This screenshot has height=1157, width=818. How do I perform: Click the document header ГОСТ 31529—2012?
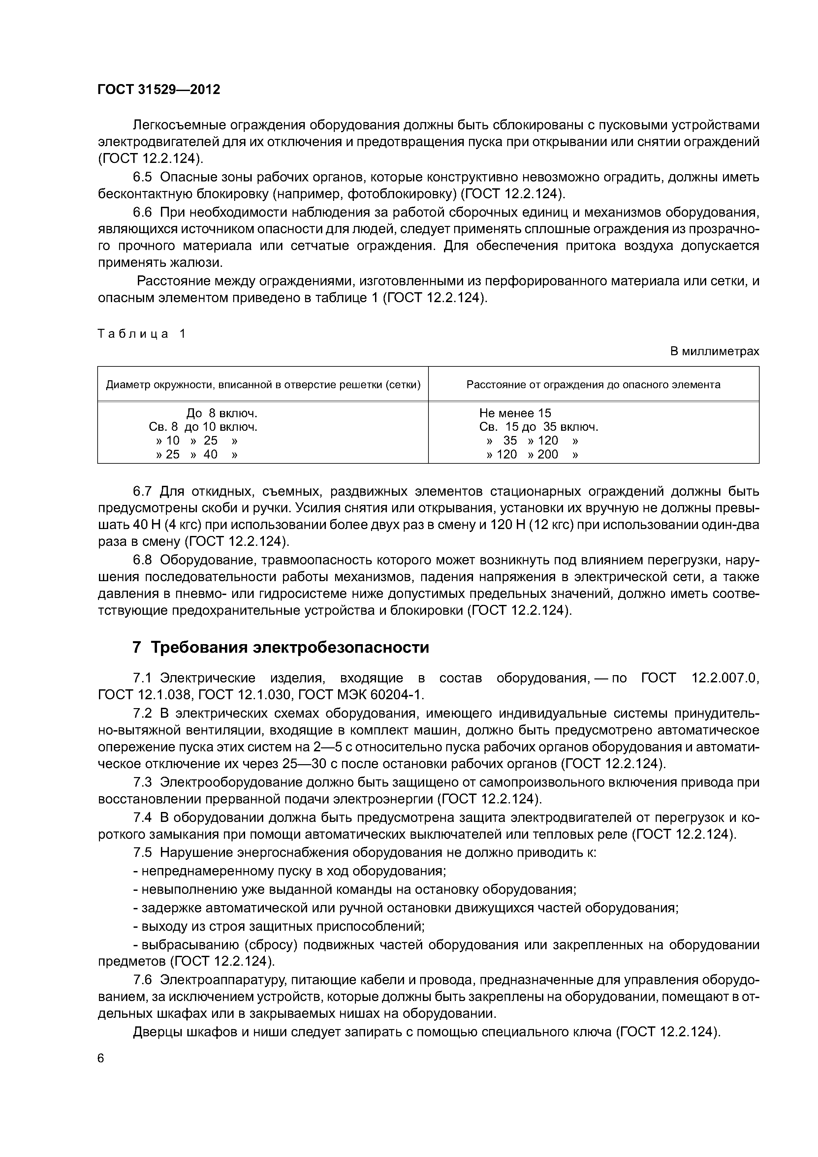[159, 90]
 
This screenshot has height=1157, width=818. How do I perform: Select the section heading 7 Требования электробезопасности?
[281, 647]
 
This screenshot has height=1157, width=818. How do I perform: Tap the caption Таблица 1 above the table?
[142, 333]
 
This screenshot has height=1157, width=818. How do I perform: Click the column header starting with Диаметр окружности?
[263, 385]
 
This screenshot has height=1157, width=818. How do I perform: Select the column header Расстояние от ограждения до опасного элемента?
[593, 385]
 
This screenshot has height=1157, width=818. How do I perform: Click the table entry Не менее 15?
[515, 414]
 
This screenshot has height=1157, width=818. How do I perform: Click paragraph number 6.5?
[142, 177]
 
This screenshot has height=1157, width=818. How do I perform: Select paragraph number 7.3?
[142, 783]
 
